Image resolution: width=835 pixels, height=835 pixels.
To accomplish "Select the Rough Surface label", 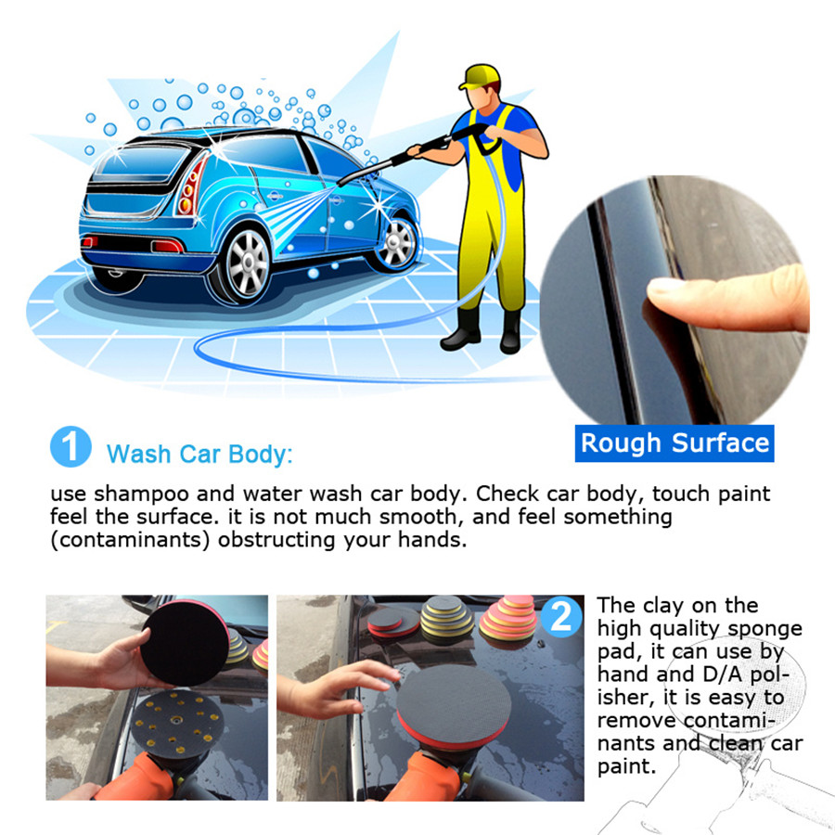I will click(674, 443).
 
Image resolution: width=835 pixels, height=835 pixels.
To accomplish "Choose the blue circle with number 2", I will click(561, 618).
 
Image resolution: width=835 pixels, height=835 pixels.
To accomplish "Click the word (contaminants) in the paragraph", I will click(124, 540).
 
